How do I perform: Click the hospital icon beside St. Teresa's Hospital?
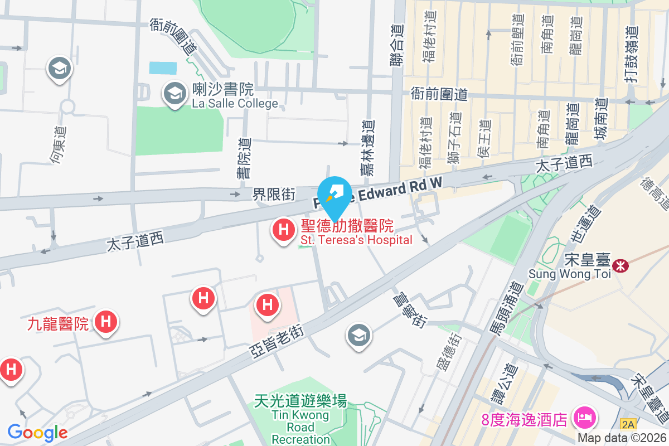click(x=283, y=230)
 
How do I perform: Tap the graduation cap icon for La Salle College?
click(x=175, y=94)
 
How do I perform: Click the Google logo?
click(x=37, y=432)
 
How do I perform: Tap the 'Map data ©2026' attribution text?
click(x=622, y=438)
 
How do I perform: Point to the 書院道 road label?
click(x=244, y=158)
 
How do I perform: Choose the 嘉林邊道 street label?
click(x=367, y=148)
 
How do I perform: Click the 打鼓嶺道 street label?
click(x=631, y=56)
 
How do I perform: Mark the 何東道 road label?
click(x=58, y=145)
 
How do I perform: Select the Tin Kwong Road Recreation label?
click(x=300, y=420)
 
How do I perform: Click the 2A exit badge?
click(x=628, y=425)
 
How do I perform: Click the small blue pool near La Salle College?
click(x=163, y=68)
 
